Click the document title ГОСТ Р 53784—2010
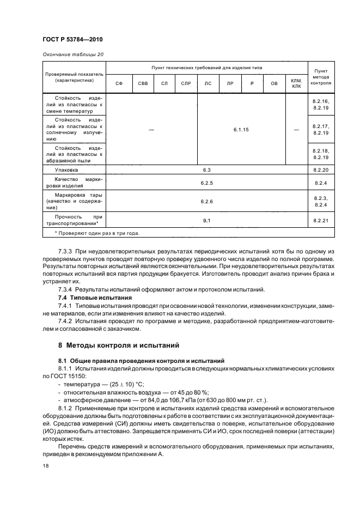[73, 40]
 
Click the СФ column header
[119, 83]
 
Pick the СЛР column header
[186, 83]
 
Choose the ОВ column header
[274, 83]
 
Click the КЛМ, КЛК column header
[296, 83]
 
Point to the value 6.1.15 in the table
[241, 129]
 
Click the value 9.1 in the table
[206, 220]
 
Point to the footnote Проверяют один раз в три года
[96, 233]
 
